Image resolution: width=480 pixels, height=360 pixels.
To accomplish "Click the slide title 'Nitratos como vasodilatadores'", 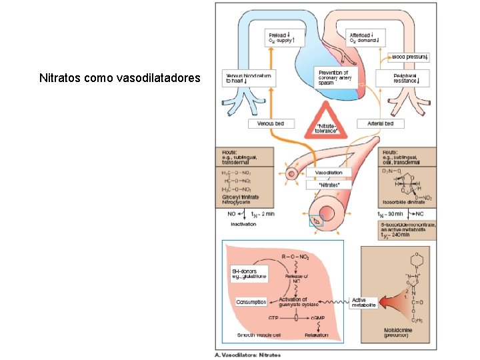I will click(x=119, y=78).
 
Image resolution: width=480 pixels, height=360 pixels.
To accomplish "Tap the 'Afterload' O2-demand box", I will click(x=365, y=38).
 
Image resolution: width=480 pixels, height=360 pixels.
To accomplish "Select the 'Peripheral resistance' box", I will click(x=409, y=79).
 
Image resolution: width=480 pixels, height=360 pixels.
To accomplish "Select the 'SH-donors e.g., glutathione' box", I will click(x=249, y=273).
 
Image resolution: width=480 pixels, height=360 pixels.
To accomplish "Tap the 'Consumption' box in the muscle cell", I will click(x=251, y=302).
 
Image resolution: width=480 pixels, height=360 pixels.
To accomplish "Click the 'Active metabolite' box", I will click(x=364, y=303).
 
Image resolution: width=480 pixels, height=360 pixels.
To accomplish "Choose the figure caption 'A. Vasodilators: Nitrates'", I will click(x=247, y=355).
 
